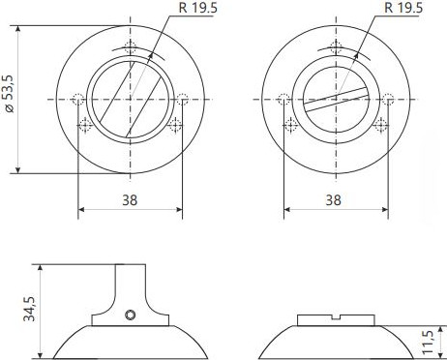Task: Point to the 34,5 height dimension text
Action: click(30, 309)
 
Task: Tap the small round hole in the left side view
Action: click(131, 314)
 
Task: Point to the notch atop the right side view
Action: click(335, 317)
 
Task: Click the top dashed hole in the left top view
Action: click(131, 49)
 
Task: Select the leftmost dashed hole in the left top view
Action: click(77, 98)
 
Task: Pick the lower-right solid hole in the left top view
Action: click(175, 125)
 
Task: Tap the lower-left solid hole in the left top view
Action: click(85, 125)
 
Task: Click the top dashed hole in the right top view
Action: click(336, 49)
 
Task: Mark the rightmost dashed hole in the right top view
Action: click(388, 98)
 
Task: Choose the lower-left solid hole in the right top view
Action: click(290, 125)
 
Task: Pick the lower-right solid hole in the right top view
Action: click(380, 125)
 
